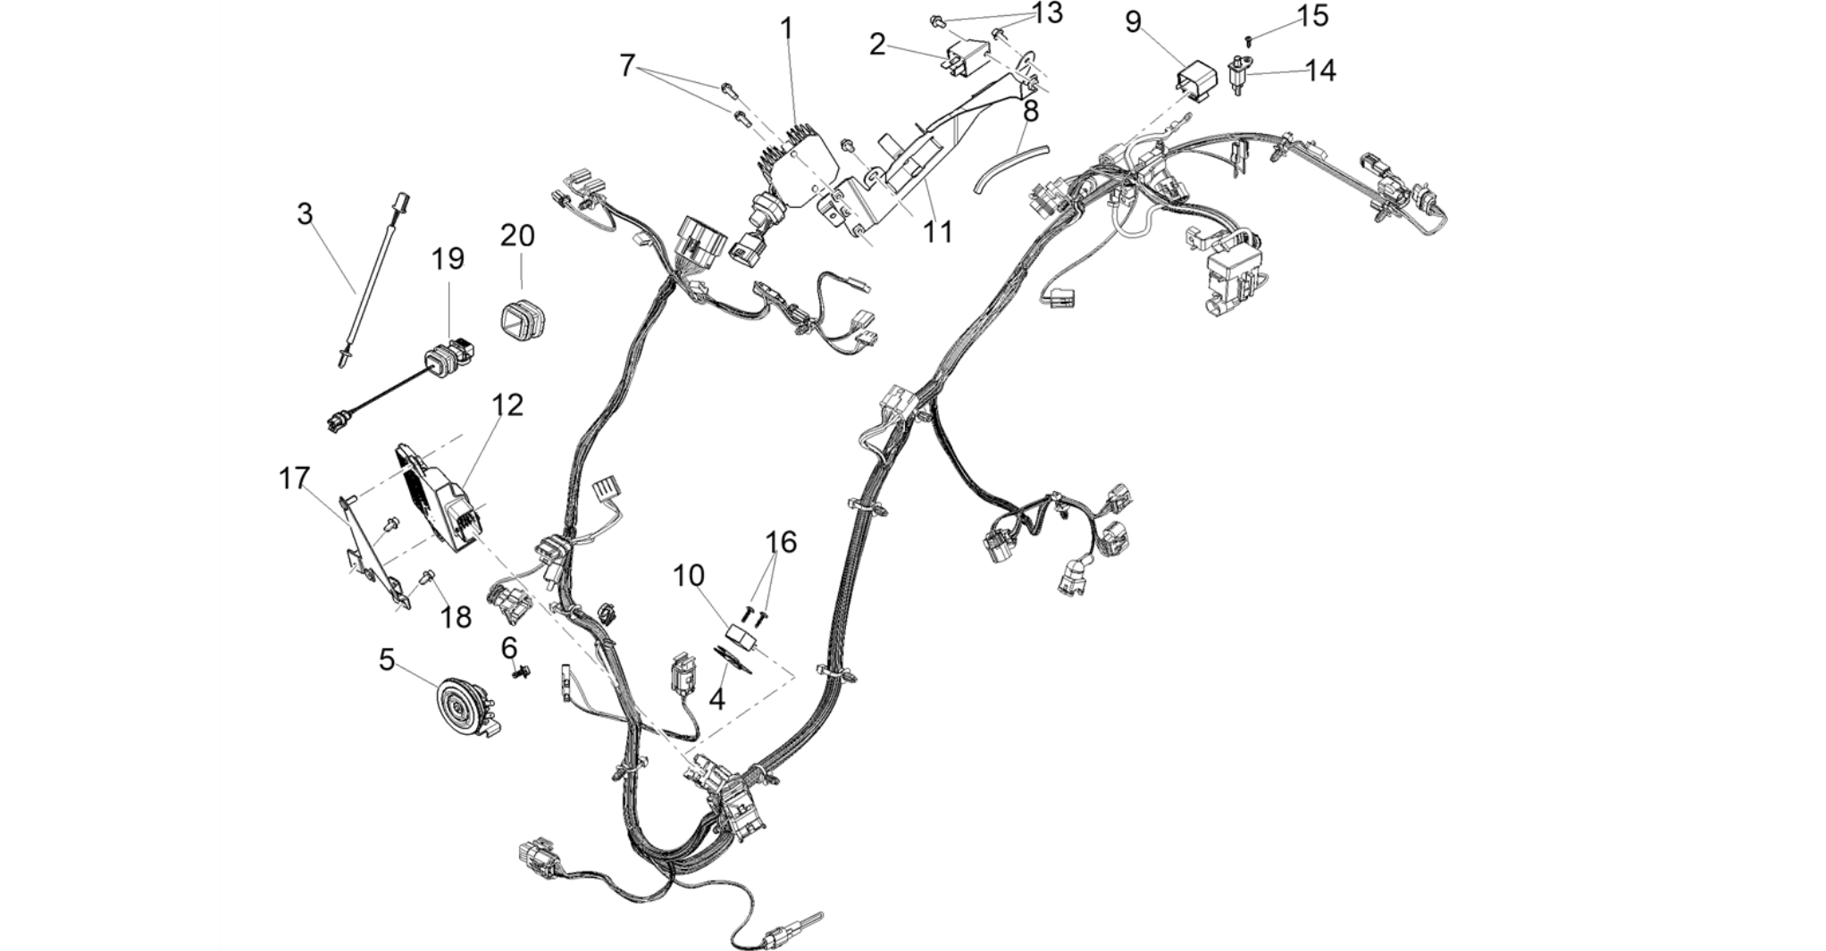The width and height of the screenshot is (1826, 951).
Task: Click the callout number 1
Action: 786,29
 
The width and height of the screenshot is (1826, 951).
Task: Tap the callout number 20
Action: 517,236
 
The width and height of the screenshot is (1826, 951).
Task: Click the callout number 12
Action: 507,405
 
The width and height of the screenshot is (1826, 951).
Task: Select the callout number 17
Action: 294,479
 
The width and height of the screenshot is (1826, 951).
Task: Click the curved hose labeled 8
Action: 1010,168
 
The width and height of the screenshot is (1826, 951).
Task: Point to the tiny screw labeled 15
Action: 1249,38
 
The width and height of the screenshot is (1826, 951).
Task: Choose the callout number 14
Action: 1320,71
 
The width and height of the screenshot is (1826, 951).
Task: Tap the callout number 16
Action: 781,542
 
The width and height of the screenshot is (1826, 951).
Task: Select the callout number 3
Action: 306,214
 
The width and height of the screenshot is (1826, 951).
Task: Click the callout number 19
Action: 448,259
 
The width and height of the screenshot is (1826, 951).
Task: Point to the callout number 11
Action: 937,232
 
